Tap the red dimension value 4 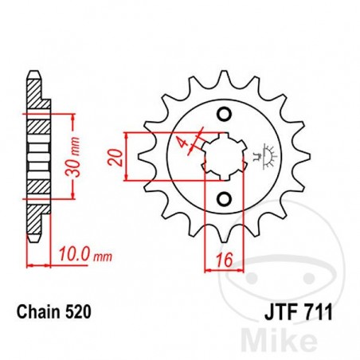[183, 143]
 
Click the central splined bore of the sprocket [224, 154]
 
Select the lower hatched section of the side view [36, 188]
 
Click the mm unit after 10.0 [102, 258]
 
